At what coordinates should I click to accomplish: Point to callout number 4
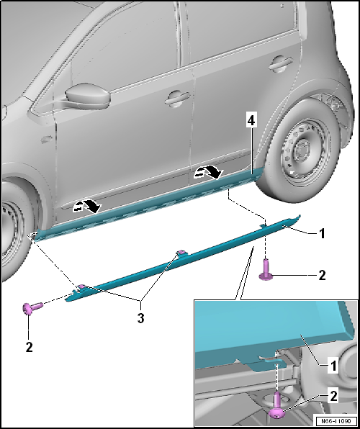pyautogui.click(x=251, y=122)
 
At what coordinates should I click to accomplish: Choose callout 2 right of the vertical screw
pyautogui.click(x=322, y=275)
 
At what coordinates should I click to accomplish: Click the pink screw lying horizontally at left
pyautogui.click(x=32, y=308)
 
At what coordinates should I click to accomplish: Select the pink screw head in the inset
pyautogui.click(x=278, y=410)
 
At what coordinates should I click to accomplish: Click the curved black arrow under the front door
pyautogui.click(x=90, y=207)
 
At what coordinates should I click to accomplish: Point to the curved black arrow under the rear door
pyautogui.click(x=210, y=171)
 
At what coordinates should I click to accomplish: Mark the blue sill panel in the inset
pyautogui.click(x=274, y=331)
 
